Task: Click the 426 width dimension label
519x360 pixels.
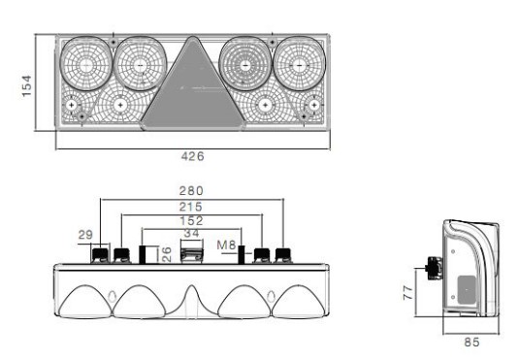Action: [192, 156]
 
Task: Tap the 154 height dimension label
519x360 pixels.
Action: [26, 85]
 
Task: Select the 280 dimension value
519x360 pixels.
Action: [191, 191]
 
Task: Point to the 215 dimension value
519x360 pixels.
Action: [191, 207]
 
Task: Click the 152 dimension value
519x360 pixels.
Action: [191, 221]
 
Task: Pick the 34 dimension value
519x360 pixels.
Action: [191, 234]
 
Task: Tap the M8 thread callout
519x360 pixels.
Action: [226, 245]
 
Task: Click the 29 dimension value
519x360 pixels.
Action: [85, 235]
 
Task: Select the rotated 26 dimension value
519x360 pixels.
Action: [167, 254]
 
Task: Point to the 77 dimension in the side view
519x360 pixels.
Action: [408, 293]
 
